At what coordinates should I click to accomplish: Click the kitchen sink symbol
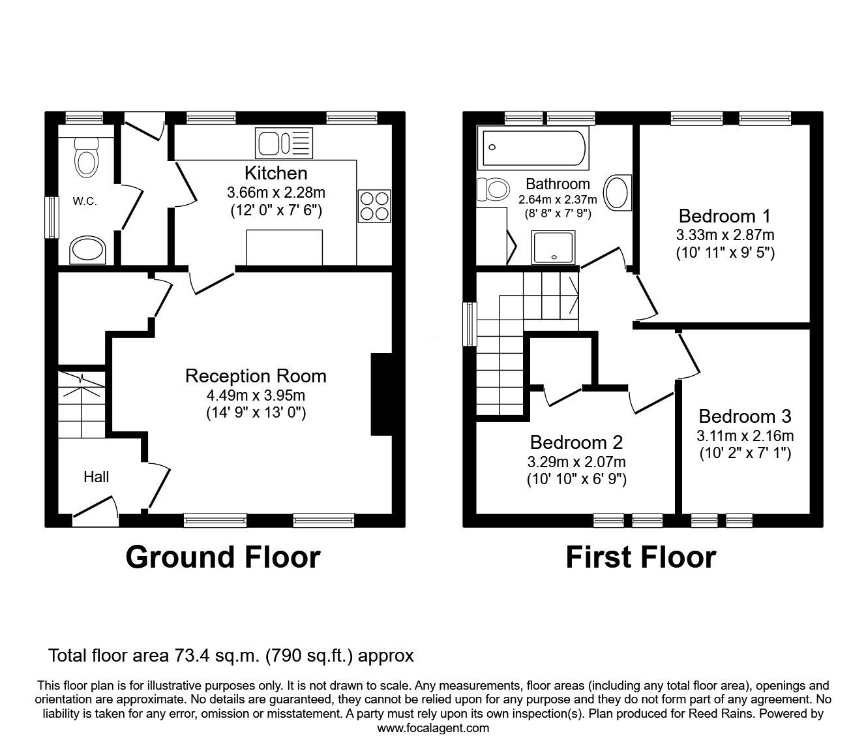(284, 144)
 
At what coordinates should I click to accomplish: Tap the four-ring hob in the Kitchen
(374, 206)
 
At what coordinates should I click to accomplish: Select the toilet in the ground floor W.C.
(86, 157)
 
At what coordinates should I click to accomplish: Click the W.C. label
(85, 202)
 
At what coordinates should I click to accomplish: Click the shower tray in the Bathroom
(554, 247)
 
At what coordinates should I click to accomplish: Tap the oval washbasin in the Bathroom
(617, 193)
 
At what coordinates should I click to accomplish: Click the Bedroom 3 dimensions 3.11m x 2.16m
(745, 436)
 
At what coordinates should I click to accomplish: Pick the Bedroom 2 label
(576, 442)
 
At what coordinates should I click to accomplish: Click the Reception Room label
(256, 376)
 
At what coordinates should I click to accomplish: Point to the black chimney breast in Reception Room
(381, 394)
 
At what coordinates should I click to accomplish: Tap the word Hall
(96, 477)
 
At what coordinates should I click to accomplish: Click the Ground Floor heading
(222, 558)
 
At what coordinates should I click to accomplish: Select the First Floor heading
(640, 558)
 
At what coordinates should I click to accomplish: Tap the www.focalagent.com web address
(433, 728)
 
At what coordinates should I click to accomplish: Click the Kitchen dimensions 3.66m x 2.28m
(276, 192)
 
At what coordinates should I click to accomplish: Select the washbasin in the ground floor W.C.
(87, 249)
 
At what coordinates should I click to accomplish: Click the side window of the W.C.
(50, 217)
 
